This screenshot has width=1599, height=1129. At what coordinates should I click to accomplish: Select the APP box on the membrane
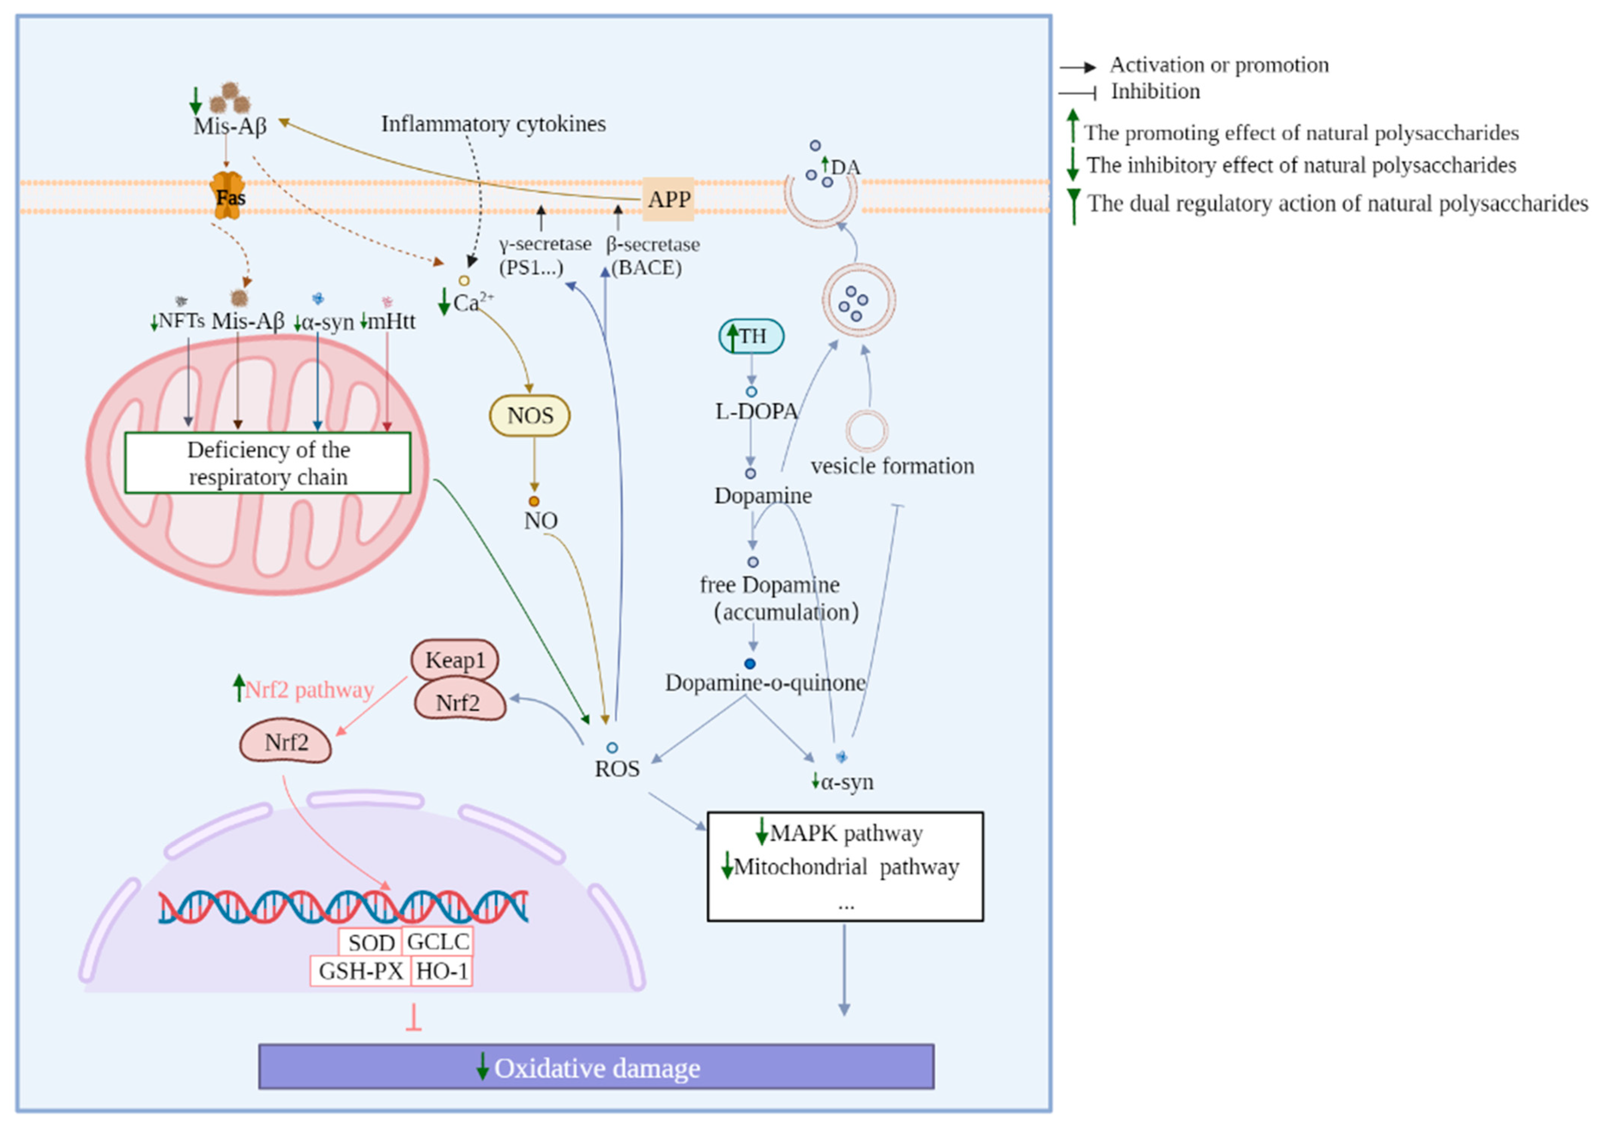point(668,200)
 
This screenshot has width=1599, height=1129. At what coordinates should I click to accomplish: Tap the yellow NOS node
point(530,415)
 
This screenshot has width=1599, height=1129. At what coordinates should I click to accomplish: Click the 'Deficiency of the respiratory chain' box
point(268,463)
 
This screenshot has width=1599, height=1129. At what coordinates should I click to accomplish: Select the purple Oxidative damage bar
point(596,1067)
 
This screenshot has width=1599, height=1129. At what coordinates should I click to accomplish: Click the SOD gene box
point(371,943)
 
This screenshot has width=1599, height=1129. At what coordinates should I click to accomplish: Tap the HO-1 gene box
point(442,971)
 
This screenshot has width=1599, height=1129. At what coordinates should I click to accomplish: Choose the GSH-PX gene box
point(361,971)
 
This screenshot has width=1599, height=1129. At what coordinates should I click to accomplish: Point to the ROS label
point(617,769)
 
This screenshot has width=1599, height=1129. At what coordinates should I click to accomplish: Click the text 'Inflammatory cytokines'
point(493,124)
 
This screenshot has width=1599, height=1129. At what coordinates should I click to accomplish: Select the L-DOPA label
point(756,411)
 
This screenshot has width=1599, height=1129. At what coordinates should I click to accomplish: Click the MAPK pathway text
point(846,833)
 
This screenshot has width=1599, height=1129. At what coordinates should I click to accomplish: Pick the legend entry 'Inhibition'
point(1155,91)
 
